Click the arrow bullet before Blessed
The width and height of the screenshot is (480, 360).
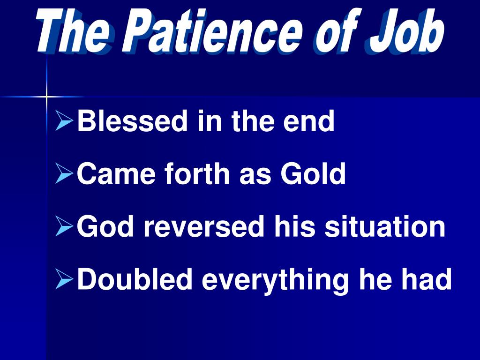click(x=64, y=121)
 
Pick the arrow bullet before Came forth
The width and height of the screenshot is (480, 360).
click(x=64, y=174)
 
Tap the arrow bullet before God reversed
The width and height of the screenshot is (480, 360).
click(x=64, y=227)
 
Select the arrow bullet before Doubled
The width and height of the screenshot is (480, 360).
click(x=64, y=279)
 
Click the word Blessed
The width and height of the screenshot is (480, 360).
click(x=132, y=121)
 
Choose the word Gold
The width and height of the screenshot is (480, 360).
click(x=313, y=174)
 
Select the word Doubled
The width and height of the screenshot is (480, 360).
click(x=135, y=279)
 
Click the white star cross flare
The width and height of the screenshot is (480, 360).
click(x=46, y=97)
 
